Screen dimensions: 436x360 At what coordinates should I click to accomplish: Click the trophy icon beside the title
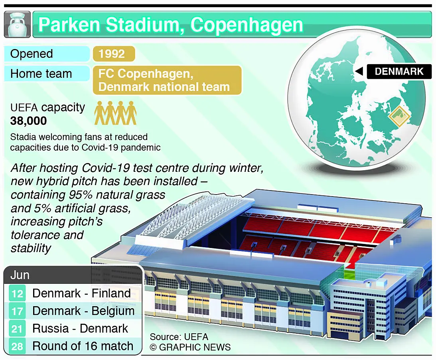point(17,24)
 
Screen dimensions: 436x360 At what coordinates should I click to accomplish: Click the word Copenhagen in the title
point(247,25)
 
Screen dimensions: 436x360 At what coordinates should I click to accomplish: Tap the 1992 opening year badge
point(114,54)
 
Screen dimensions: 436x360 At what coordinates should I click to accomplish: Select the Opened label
point(32,54)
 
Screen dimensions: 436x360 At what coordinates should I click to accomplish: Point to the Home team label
point(41,74)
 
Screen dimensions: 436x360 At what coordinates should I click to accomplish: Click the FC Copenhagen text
point(146,74)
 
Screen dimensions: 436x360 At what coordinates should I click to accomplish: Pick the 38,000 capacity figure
point(28,121)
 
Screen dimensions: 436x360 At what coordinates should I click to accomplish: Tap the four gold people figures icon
point(115,113)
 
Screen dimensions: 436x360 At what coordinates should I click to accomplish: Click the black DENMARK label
point(399,71)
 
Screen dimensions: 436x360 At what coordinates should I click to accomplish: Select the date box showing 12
point(17,293)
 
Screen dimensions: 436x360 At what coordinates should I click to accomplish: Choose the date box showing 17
point(17,311)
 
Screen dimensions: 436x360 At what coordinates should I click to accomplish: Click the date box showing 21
point(17,329)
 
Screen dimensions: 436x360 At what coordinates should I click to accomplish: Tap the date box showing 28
point(17,346)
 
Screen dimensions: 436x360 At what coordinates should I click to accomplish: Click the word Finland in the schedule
point(111,293)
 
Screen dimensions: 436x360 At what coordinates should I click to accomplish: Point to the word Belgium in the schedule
point(113,311)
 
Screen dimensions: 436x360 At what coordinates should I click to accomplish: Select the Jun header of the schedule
point(20,275)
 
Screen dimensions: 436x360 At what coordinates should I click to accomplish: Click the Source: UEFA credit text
point(179,336)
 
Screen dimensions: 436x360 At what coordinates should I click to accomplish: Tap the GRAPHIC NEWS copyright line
point(190,347)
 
